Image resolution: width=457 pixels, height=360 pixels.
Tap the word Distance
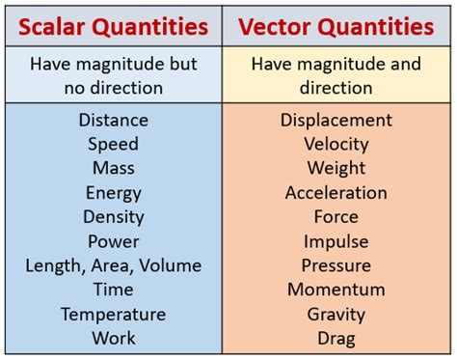click(113, 120)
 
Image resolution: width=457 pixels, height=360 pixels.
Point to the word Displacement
click(336, 120)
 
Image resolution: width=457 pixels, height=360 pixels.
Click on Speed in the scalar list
click(113, 144)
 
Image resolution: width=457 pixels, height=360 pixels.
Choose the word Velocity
click(336, 144)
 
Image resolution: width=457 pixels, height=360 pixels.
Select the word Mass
click(113, 168)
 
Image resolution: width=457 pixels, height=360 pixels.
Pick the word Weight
click(336, 168)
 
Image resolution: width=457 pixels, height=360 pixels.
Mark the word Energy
click(113, 193)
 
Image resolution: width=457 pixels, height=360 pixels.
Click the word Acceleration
click(336, 193)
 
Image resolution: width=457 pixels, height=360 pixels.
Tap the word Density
click(113, 217)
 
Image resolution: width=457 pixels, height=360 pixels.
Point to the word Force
click(336, 217)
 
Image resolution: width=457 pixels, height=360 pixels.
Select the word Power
click(113, 241)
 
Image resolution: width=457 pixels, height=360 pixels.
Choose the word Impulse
click(336, 241)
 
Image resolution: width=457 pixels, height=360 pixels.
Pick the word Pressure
click(336, 265)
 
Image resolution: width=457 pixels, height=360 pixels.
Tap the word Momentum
click(336, 290)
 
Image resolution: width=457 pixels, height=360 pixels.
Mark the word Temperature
click(113, 315)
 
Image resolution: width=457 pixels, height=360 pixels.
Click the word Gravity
click(336, 315)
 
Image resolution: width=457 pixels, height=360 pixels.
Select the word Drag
click(336, 339)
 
